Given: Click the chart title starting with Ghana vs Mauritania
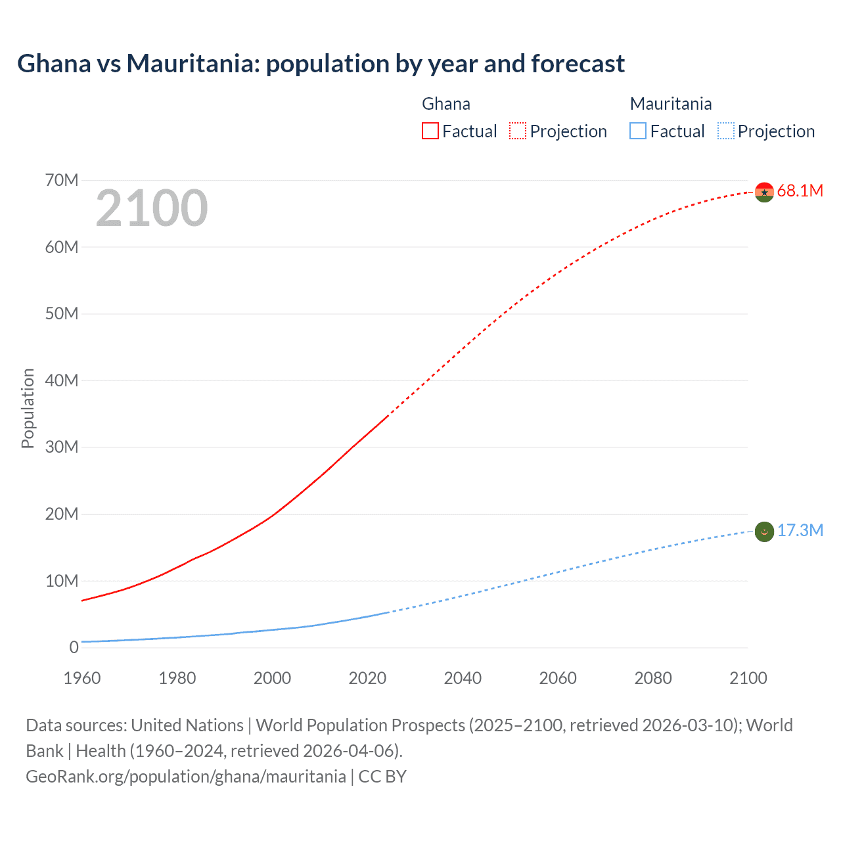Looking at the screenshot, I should [x=321, y=64].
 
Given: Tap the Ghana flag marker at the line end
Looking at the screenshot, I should [x=764, y=192].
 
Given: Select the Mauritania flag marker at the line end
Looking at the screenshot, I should [x=764, y=532].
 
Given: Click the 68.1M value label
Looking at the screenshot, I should [x=800, y=191].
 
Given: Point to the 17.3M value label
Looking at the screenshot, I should [x=800, y=531].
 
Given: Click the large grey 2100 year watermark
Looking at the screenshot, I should [x=152, y=208].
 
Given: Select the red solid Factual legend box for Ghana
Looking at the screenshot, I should [x=430, y=131].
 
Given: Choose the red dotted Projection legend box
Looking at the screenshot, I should [x=518, y=131].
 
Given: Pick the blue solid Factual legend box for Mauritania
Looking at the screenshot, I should [x=638, y=131].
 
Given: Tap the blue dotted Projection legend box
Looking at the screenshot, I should [x=725, y=131].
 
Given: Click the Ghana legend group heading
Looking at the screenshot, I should [x=445, y=104].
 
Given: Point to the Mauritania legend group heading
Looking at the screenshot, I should [x=670, y=104].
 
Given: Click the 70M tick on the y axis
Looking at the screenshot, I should [x=62, y=180].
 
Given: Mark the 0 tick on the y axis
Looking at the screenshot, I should [x=74, y=647].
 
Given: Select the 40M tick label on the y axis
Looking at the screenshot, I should [x=62, y=380].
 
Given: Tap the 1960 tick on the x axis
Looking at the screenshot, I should [x=82, y=678].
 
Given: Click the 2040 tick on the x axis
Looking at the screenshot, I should [x=463, y=678].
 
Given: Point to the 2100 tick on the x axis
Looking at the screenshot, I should [x=748, y=678].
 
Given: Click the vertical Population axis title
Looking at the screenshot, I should [x=28, y=408].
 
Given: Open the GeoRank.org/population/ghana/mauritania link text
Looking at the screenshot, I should [x=185, y=777].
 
